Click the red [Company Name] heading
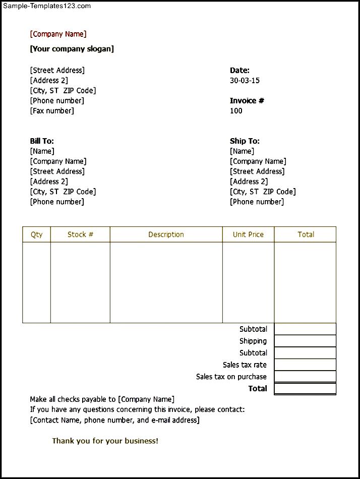[x=58, y=34]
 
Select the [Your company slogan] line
[x=72, y=49]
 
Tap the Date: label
[x=239, y=71]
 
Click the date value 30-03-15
[x=245, y=81]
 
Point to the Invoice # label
[x=247, y=101]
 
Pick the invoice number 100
[x=236, y=111]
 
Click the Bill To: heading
[x=42, y=141]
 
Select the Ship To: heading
[x=245, y=141]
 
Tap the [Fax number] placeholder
[x=52, y=111]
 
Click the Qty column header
[x=37, y=234]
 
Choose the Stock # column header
[x=80, y=234]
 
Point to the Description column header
[x=166, y=234]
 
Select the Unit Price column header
[x=248, y=234]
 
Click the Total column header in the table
[x=306, y=234]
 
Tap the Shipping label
[x=253, y=341]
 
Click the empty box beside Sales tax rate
[x=305, y=365]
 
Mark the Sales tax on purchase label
[x=231, y=377]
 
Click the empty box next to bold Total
[x=305, y=389]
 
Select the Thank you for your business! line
[x=105, y=441]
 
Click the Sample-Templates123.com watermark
[x=47, y=6]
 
